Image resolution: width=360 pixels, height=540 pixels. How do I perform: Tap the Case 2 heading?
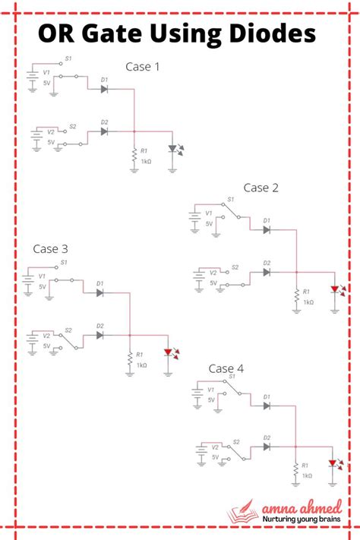click(x=261, y=187)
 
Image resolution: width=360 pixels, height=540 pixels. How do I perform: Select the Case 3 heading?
click(x=51, y=248)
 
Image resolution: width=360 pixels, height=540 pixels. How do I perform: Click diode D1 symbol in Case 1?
click(x=103, y=89)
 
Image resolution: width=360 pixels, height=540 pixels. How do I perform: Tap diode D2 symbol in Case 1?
click(x=103, y=131)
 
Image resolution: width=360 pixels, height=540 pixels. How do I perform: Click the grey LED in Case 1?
click(x=173, y=149)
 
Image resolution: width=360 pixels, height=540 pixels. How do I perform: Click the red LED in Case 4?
click(x=333, y=463)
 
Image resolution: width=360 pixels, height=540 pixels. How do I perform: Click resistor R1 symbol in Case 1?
click(x=134, y=154)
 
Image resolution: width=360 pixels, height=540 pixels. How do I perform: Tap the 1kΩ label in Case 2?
click(x=308, y=302)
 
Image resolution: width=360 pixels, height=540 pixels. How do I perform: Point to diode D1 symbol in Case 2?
click(x=267, y=229)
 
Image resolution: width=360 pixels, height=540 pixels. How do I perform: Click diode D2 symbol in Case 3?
click(x=100, y=335)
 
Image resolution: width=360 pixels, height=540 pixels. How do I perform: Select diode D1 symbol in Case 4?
click(x=266, y=405)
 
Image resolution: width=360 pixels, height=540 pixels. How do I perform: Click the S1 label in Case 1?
click(x=68, y=58)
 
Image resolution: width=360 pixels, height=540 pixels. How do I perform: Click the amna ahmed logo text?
click(x=305, y=507)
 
